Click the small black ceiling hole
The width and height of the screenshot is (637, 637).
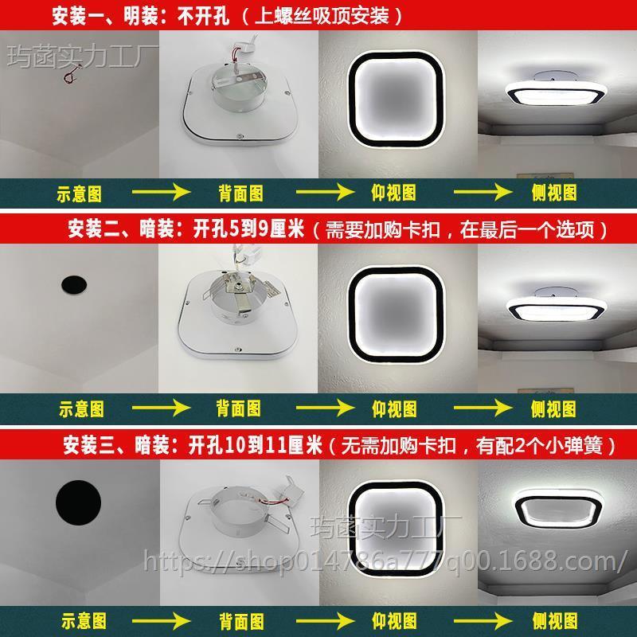click(x=73, y=283)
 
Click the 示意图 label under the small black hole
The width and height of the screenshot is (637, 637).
click(x=80, y=408)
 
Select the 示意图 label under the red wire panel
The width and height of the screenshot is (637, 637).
click(x=80, y=192)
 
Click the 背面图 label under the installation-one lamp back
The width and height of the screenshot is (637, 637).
click(x=239, y=192)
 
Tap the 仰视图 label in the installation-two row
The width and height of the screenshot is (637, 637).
click(x=395, y=408)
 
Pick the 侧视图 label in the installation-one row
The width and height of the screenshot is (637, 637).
click(x=553, y=192)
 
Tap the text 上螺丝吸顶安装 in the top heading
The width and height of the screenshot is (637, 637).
click(x=326, y=15)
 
